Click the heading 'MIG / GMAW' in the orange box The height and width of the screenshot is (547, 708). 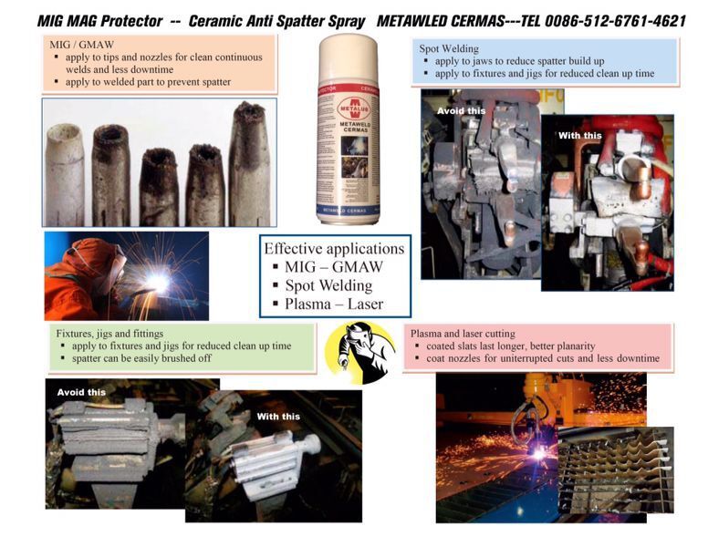click(x=82, y=45)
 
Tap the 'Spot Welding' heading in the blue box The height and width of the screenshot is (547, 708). click(x=449, y=48)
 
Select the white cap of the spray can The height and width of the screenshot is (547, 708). click(x=349, y=57)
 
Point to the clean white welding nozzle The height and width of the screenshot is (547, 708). click(x=65, y=175)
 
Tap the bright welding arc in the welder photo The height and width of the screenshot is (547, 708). click(x=158, y=283)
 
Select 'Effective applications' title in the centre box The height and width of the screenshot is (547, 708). click(x=334, y=249)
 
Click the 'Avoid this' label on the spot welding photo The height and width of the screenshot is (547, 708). click(x=461, y=111)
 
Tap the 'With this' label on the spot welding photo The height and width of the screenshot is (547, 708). click(x=579, y=136)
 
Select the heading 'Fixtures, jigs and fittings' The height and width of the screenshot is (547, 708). click(x=109, y=334)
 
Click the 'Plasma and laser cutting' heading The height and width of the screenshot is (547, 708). click(x=463, y=334)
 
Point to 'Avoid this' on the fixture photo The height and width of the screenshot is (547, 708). click(x=81, y=393)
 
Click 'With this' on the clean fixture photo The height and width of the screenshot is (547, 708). click(x=278, y=417)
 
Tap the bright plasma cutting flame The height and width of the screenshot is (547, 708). click(x=538, y=453)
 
